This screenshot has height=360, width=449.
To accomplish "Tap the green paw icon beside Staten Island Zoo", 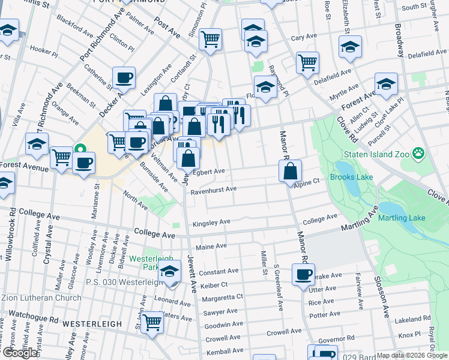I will pyautogui.click(x=418, y=154).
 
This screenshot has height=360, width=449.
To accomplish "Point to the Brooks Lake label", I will pyautogui.click(x=351, y=178).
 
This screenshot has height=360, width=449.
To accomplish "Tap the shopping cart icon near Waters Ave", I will pyautogui.click(x=153, y=322).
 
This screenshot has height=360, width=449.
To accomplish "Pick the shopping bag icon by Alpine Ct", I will pyautogui.click(x=290, y=171).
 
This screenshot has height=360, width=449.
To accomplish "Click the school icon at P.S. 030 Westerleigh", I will pyautogui.click(x=170, y=272).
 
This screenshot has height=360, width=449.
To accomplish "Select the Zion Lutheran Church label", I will pyautogui.click(x=41, y=298).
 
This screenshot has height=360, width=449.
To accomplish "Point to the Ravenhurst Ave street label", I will pyautogui.click(x=214, y=190).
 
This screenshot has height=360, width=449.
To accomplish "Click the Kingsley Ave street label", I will pyautogui.click(x=211, y=223).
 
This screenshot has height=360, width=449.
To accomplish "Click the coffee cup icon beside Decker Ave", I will pyautogui.click(x=124, y=77).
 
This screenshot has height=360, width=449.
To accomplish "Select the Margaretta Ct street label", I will pyautogui.click(x=222, y=296).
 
